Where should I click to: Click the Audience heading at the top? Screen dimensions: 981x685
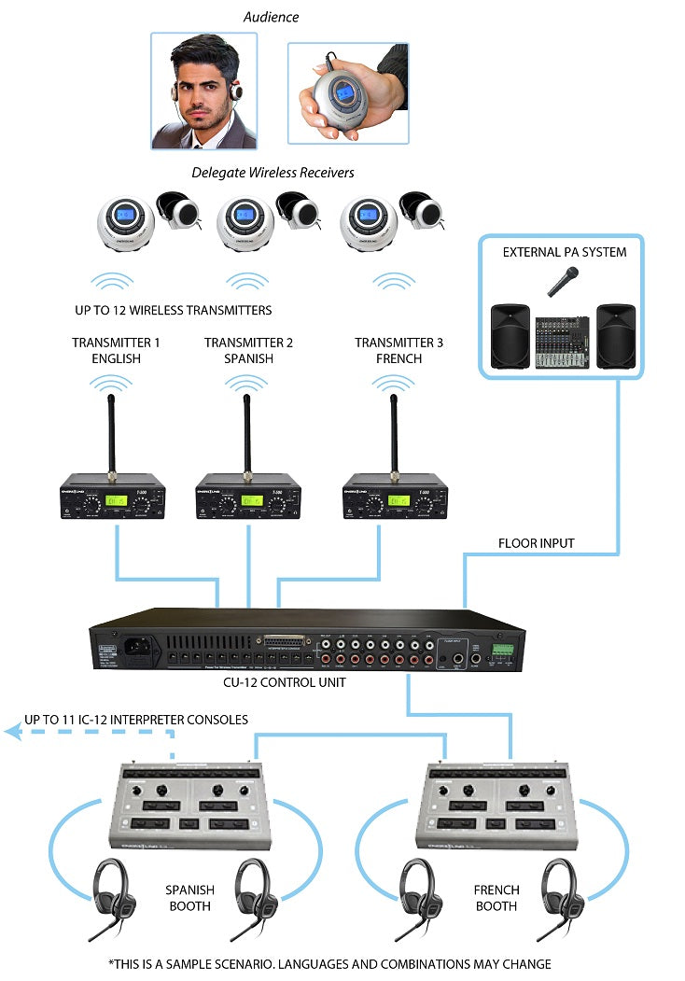click(271, 17)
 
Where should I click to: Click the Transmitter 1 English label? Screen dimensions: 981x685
click(116, 350)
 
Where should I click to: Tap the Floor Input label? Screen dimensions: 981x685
click(536, 542)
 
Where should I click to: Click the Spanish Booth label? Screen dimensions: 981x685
click(189, 898)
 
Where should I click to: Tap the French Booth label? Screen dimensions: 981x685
click(496, 898)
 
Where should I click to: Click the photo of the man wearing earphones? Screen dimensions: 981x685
click(204, 91)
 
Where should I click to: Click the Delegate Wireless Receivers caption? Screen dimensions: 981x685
click(273, 173)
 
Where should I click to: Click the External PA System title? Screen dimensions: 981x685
click(564, 252)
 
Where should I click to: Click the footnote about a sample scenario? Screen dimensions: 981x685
click(329, 963)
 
